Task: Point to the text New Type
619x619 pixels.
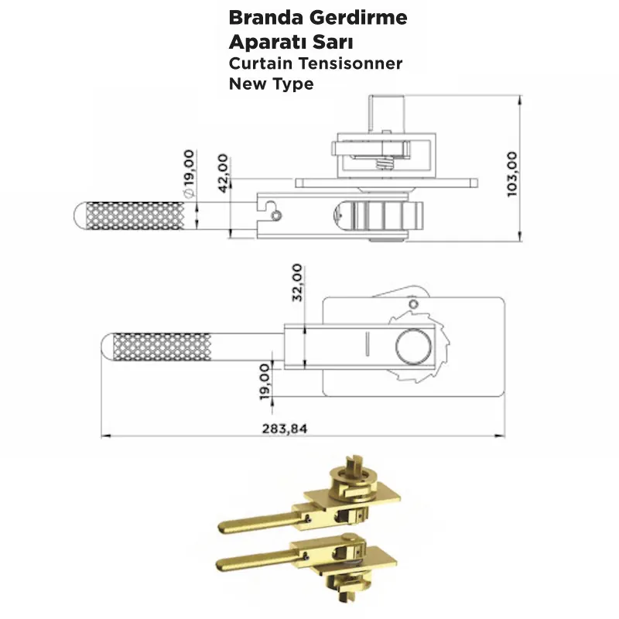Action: [x=271, y=84]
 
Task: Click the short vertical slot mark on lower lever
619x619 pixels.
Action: [x=368, y=343]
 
